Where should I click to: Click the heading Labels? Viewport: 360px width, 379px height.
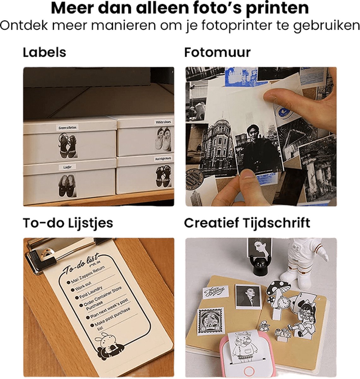(x=44, y=52)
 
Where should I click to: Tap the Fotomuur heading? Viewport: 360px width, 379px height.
(x=217, y=52)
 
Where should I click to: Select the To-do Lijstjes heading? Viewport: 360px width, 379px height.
(x=68, y=223)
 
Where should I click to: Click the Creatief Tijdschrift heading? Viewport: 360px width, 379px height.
(x=247, y=223)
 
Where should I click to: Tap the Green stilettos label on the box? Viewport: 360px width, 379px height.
(x=67, y=128)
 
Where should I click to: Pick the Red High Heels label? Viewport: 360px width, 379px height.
(x=163, y=159)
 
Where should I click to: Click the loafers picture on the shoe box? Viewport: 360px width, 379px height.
(x=67, y=186)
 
